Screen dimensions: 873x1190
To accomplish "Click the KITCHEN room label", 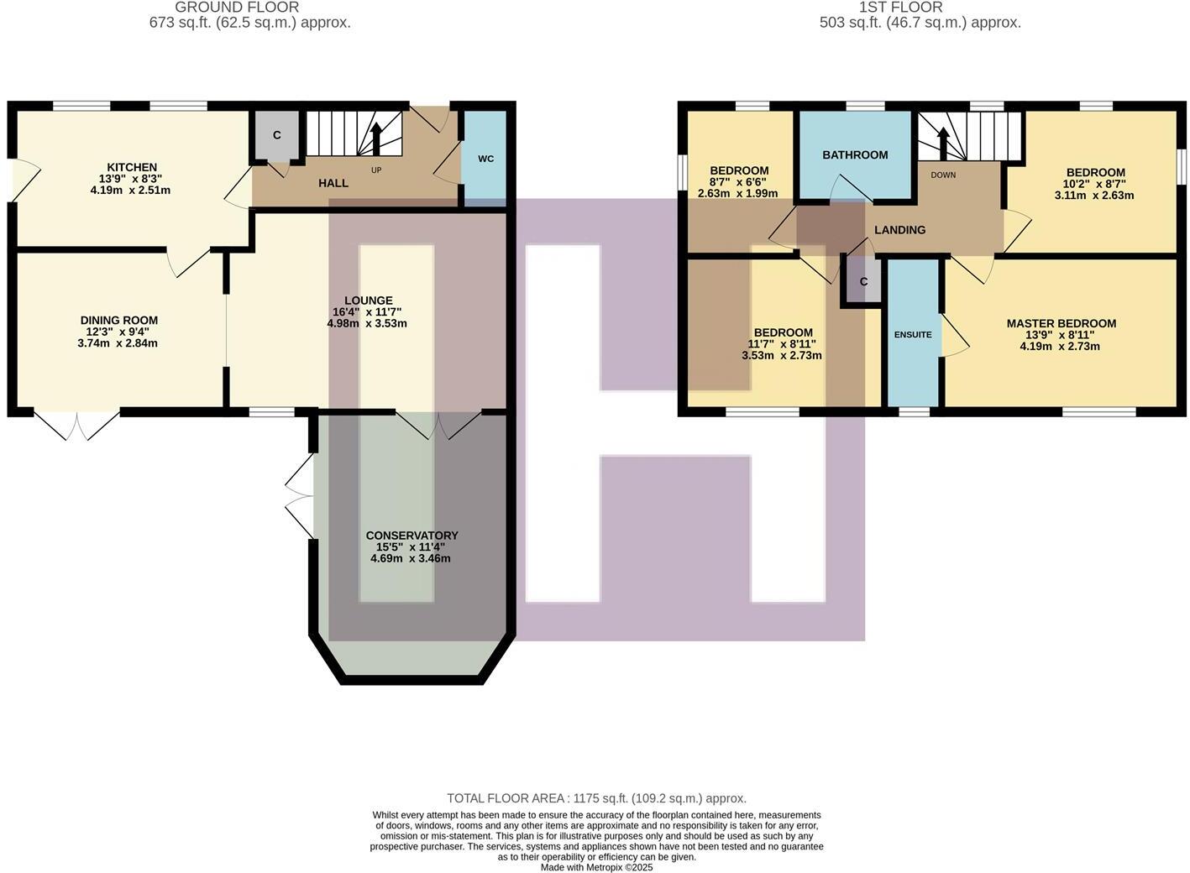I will [x=132, y=167].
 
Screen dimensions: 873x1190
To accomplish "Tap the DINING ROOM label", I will [x=118, y=320].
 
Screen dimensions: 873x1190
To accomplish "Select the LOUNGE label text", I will [x=368, y=301].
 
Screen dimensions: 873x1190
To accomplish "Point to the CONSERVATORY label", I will [x=412, y=536].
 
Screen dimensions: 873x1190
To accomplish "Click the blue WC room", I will [x=485, y=159].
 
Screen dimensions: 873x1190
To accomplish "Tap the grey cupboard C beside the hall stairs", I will [x=276, y=135].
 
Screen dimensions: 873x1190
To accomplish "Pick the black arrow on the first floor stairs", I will [x=943, y=143].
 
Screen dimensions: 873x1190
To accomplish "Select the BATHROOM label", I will [x=855, y=154].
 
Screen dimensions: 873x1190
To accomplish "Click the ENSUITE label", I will [x=913, y=334].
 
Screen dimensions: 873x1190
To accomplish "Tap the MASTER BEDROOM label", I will [x=1061, y=323].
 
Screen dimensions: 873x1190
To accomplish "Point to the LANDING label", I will [x=899, y=229].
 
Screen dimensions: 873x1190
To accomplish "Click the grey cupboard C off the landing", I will [x=863, y=282].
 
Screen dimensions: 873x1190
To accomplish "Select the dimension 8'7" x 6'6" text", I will [x=738, y=182].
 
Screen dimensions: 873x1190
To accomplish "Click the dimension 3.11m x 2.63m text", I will [x=1093, y=195].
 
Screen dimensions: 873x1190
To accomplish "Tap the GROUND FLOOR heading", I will [x=237, y=8].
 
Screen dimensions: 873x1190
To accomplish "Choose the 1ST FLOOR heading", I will [x=900, y=8].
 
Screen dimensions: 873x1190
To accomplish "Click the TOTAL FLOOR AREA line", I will [x=596, y=798].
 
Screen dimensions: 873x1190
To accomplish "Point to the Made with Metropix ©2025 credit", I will [x=596, y=867].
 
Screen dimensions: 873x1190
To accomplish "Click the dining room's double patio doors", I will [x=76, y=425].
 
